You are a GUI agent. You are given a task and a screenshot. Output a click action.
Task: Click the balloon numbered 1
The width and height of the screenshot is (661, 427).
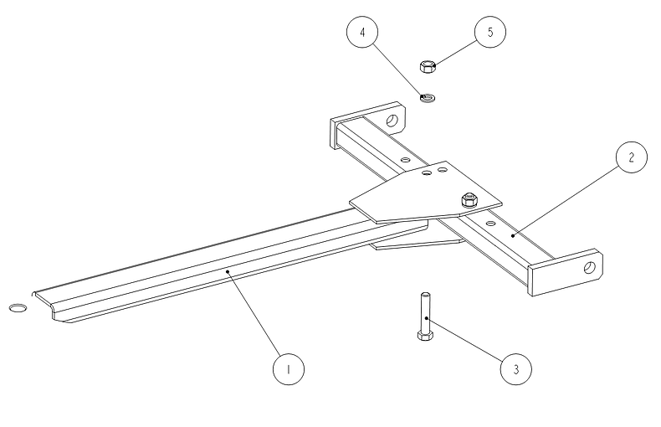[x=287, y=368]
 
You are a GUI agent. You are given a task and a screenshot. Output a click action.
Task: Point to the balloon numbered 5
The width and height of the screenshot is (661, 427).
[x=489, y=33]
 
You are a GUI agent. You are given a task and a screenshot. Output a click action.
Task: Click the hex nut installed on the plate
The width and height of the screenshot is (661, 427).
[x=469, y=199]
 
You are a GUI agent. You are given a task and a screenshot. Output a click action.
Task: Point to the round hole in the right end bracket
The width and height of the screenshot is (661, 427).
[x=589, y=267]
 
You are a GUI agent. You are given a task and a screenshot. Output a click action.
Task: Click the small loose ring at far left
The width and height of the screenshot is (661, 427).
[x=18, y=309]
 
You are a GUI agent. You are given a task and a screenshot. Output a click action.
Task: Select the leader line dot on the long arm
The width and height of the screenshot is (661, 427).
[x=227, y=270]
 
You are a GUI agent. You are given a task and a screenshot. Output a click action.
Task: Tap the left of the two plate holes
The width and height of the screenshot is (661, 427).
[x=428, y=174]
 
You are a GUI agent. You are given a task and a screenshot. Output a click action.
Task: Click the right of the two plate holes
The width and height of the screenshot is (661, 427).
[x=443, y=170]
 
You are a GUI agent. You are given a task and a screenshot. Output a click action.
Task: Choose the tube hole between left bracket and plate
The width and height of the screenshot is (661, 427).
[x=404, y=158]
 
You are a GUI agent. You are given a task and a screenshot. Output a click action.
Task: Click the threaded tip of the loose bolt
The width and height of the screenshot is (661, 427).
[x=426, y=296]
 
